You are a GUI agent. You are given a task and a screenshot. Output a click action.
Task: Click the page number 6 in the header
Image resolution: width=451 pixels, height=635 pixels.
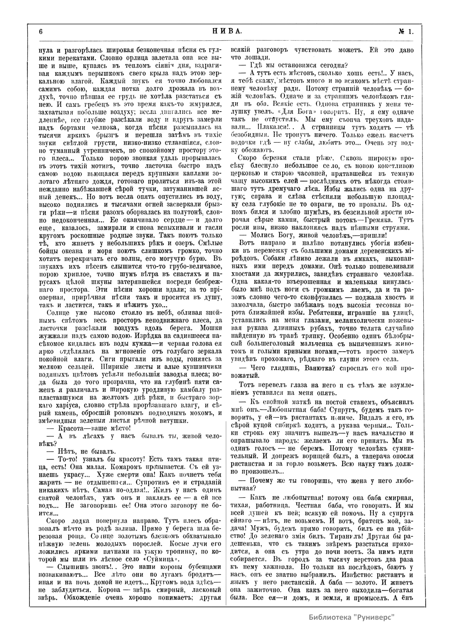[40, 31]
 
